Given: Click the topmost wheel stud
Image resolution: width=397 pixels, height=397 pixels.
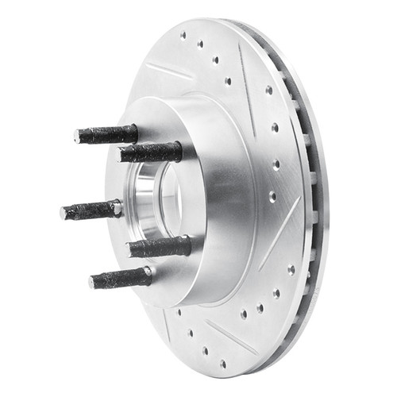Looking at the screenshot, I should pos(107,134).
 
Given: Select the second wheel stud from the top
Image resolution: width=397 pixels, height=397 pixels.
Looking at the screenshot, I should pos(151,151).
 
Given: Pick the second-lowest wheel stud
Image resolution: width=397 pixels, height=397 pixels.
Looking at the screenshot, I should pos(159,247).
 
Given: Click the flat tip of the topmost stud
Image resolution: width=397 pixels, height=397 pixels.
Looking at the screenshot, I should pos(78,137).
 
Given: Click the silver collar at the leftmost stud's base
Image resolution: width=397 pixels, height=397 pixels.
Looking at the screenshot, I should pos(118,208).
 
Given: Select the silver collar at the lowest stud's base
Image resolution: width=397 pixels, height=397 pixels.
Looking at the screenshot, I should pos(148,275).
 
